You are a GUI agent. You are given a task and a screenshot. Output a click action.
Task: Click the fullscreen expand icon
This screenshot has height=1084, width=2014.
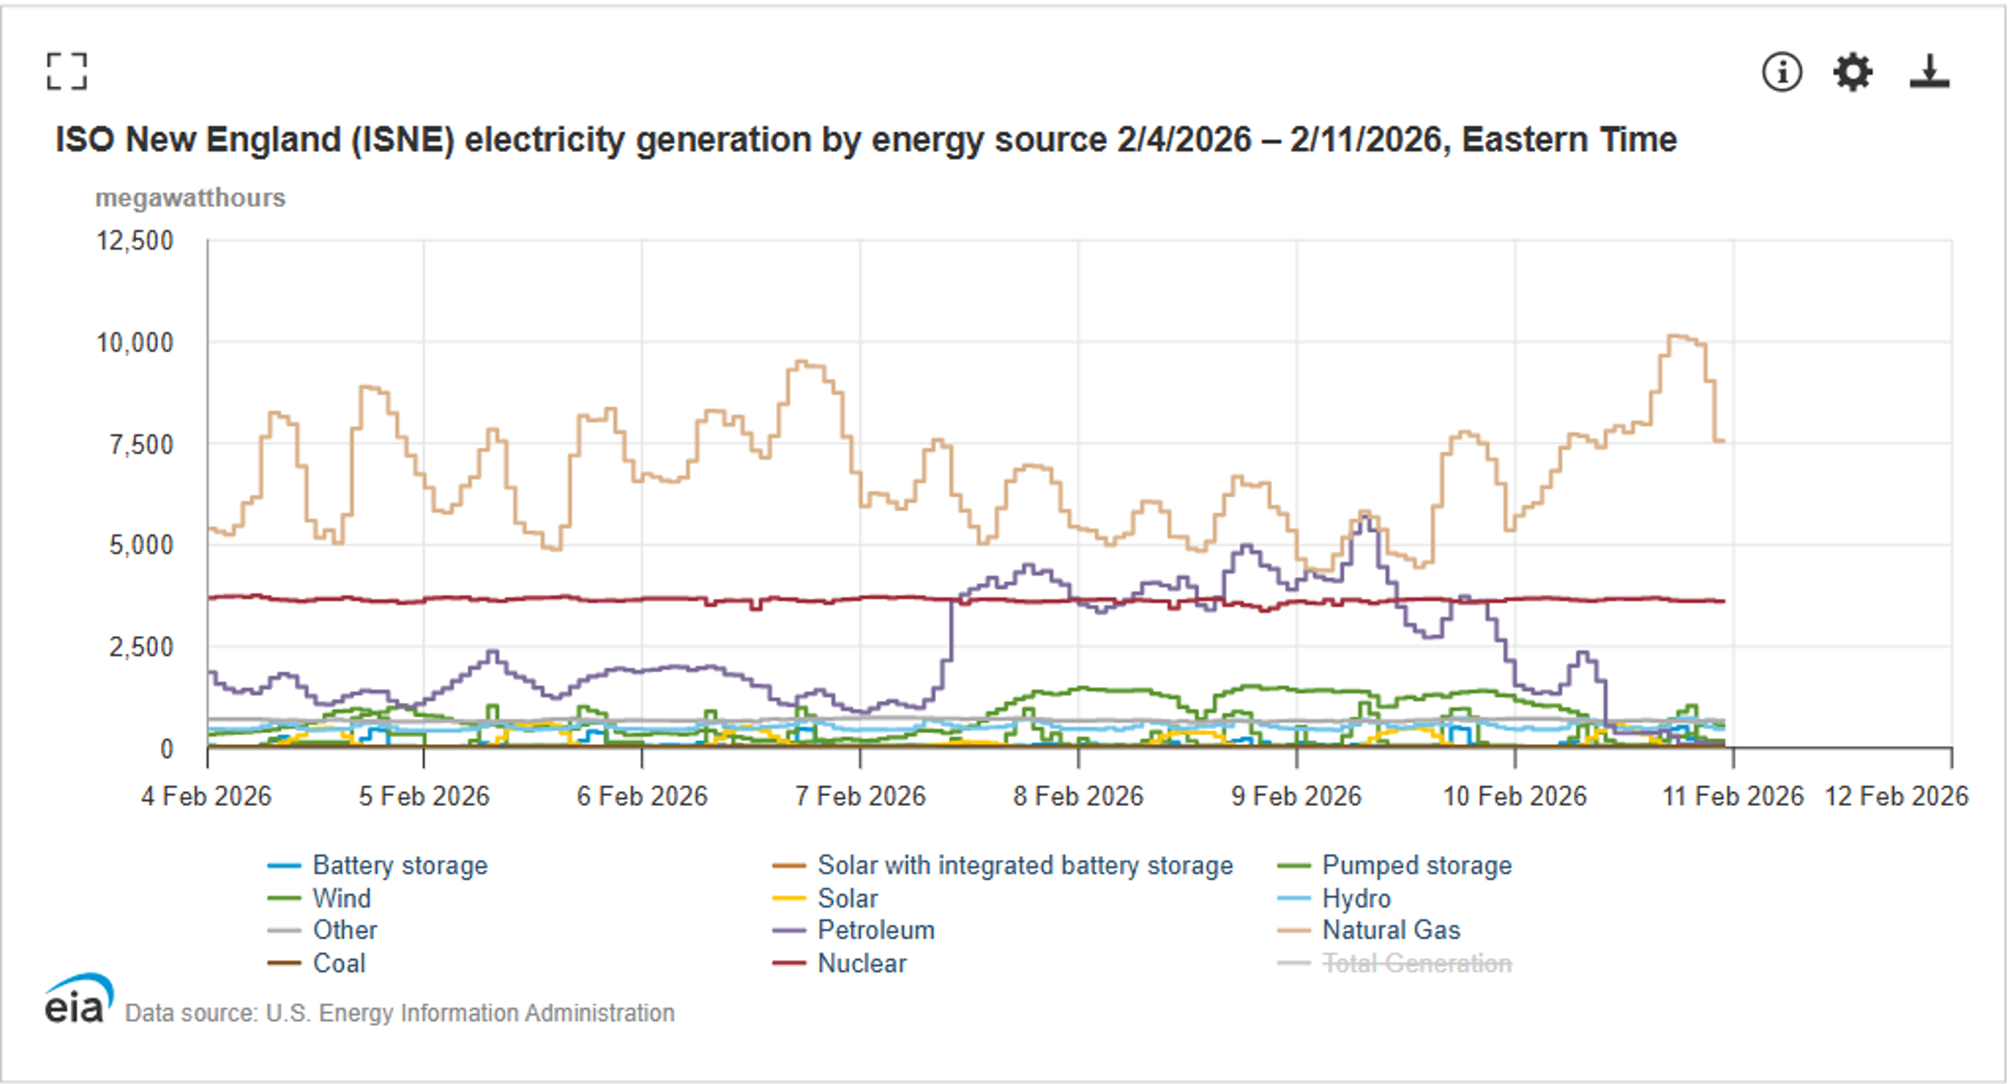[67, 72]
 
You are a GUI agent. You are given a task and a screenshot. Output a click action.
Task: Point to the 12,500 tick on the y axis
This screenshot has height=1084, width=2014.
[134, 241]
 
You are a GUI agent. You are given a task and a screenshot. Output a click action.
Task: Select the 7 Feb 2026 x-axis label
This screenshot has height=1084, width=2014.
[860, 796]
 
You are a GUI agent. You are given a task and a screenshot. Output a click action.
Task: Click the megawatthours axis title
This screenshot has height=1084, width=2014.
[190, 198]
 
